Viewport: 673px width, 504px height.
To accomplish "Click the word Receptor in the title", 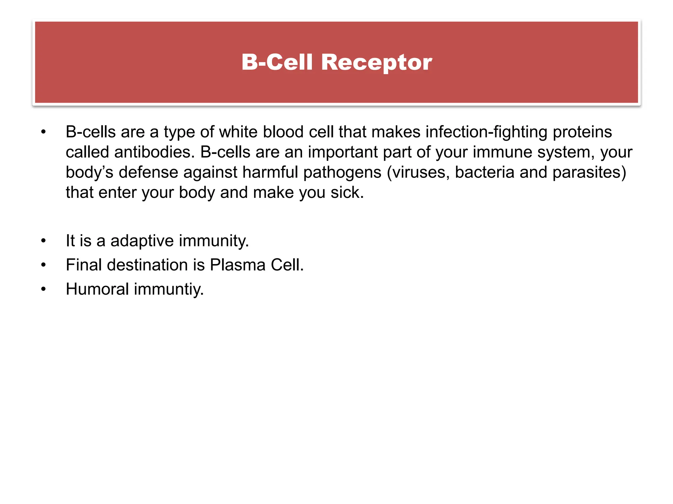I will click(x=376, y=62).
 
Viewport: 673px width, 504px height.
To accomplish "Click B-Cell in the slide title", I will click(x=277, y=62).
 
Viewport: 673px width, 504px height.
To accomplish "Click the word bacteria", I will click(x=484, y=173).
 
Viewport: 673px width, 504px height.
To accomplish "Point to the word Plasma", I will click(x=237, y=265).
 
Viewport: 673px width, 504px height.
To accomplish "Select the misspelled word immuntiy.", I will click(x=169, y=289).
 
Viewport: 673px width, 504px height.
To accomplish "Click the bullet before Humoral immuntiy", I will click(x=43, y=289).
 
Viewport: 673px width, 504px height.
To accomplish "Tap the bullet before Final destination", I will click(x=43, y=265).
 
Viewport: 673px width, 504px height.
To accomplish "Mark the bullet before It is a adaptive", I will click(x=43, y=241).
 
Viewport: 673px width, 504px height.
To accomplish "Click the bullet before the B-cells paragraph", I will click(x=43, y=132).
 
